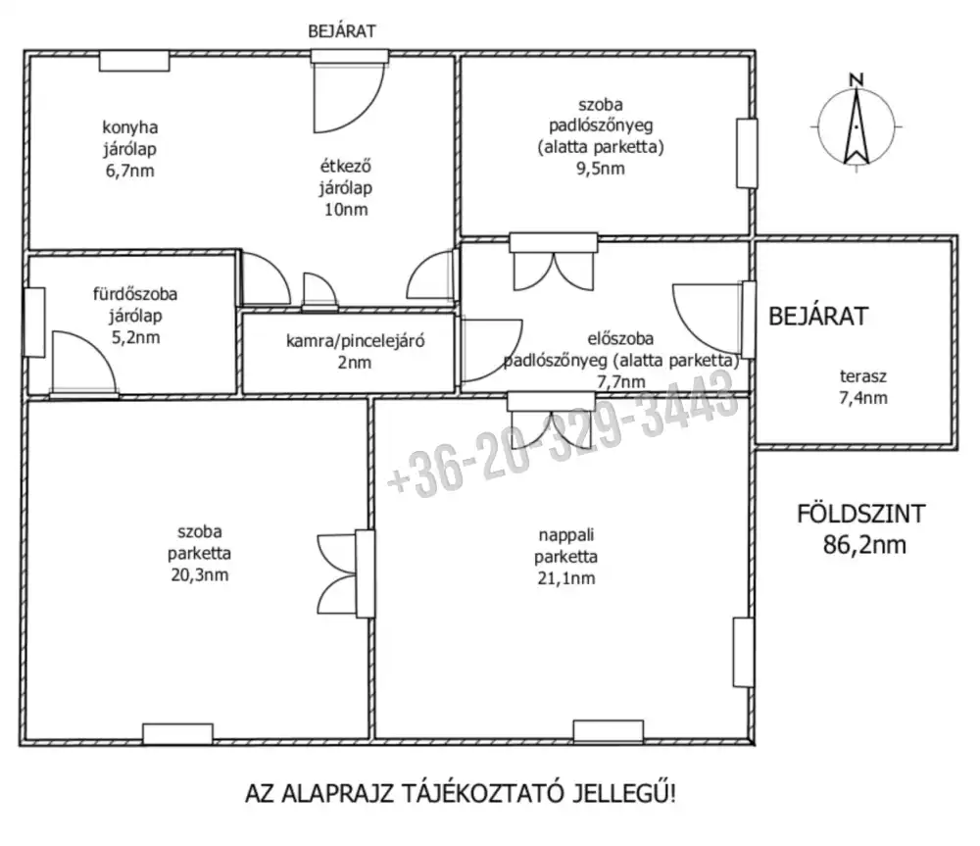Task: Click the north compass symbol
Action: click(x=857, y=125)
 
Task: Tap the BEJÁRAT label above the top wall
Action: click(x=342, y=31)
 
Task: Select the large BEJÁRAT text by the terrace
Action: click(x=818, y=317)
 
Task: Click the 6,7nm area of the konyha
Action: click(x=130, y=171)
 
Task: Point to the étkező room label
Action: click(x=346, y=167)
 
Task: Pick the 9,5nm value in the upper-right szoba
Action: click(x=600, y=169)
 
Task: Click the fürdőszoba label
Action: click(x=135, y=294)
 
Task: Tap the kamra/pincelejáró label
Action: click(x=355, y=341)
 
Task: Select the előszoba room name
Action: click(x=620, y=339)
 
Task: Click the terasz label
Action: click(x=863, y=376)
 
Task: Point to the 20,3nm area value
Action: click(x=199, y=574)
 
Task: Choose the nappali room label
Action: click(x=566, y=535)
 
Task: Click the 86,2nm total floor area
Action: click(x=863, y=545)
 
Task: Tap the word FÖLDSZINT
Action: click(x=860, y=514)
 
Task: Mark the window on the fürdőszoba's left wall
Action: click(x=34, y=322)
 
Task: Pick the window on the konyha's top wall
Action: click(x=134, y=61)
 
